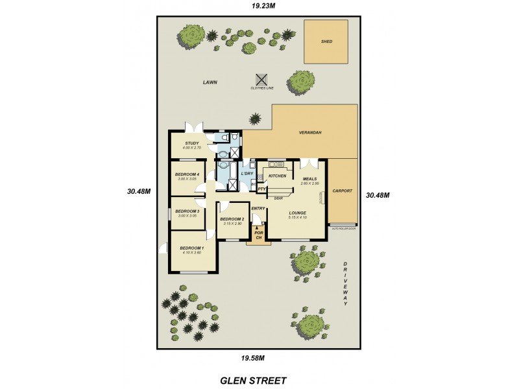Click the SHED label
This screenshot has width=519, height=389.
tap(326, 41)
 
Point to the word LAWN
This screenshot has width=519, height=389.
tap(209, 82)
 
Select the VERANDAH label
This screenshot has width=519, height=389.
tap(310, 132)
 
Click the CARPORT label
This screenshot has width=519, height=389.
tap(342, 191)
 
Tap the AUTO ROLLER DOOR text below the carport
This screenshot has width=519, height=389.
tap(344, 228)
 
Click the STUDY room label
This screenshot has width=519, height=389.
tap(191, 143)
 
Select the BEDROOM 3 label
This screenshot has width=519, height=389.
tap(187, 211)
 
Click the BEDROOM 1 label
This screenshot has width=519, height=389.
tap(191, 248)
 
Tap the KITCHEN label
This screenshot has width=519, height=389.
tap(278, 176)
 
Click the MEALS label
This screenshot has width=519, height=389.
tap(309, 179)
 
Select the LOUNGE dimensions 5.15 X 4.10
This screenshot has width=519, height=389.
tap(298, 217)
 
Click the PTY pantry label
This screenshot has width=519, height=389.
tap(261, 189)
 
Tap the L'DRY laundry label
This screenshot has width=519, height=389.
tap(247, 174)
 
